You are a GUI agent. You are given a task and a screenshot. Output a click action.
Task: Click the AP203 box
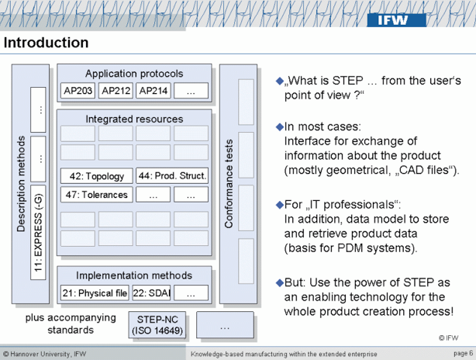[x=78, y=91]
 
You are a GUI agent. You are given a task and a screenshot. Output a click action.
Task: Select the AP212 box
[x=116, y=91]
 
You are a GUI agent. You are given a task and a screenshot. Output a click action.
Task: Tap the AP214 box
[x=153, y=91]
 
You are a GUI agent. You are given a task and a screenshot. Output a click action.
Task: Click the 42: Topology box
[x=95, y=176]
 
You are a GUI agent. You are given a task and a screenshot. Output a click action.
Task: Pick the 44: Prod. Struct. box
[x=172, y=176]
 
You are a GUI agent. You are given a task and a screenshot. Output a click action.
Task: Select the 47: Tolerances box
[x=95, y=195]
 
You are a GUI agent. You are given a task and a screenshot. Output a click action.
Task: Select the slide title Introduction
[x=46, y=43]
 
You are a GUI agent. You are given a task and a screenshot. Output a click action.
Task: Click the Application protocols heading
[x=134, y=74]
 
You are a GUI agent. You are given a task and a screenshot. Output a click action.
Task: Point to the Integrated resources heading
[x=134, y=119]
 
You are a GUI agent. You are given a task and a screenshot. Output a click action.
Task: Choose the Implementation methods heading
[x=134, y=275]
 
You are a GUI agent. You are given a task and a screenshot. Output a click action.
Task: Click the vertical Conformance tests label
[x=229, y=183]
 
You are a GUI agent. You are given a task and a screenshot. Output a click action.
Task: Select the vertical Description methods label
[x=21, y=183]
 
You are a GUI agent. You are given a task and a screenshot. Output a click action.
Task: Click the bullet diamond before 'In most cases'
[x=280, y=126]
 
